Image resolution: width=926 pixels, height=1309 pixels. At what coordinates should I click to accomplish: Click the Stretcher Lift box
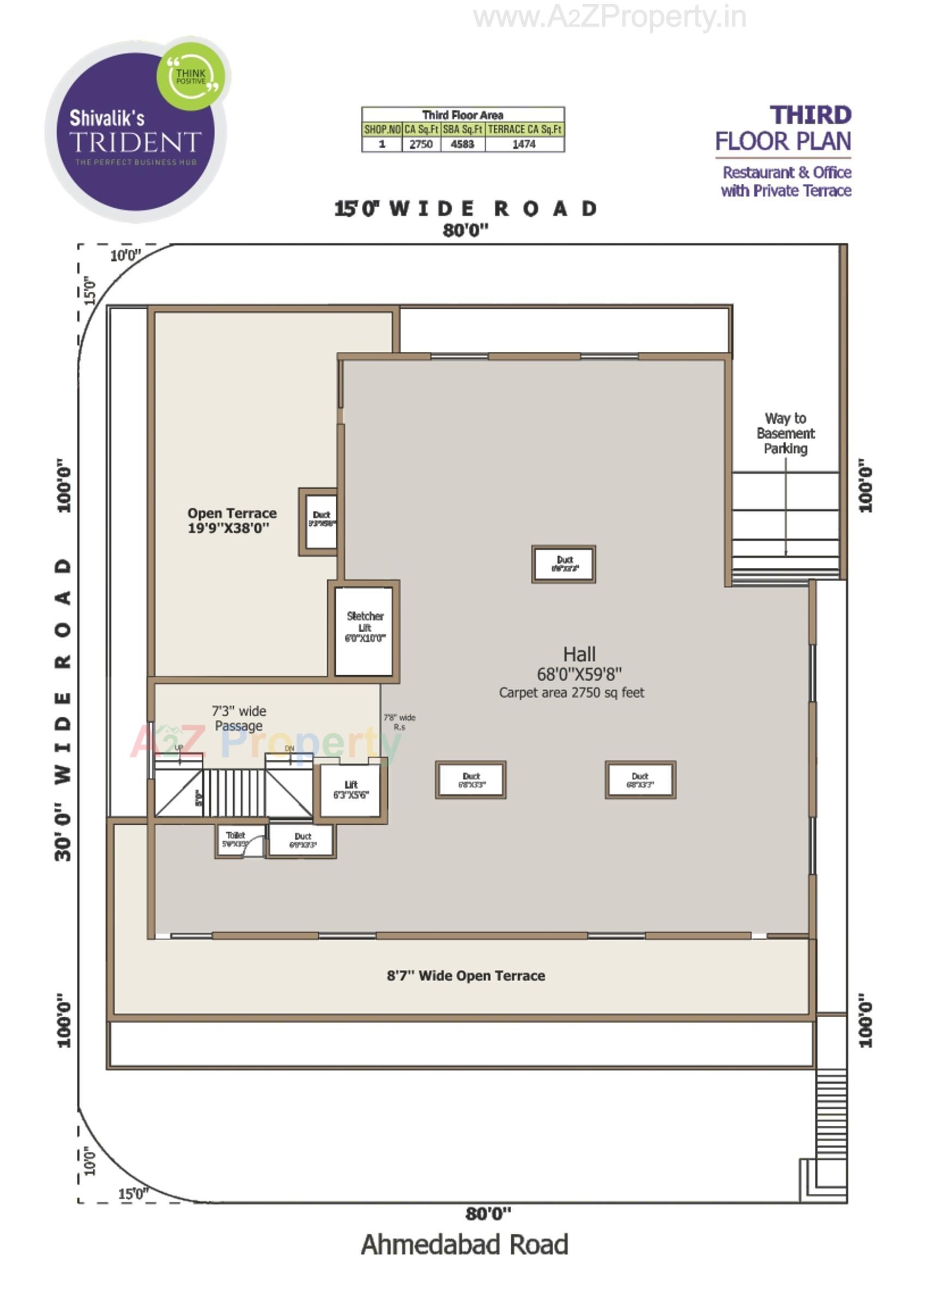(x=364, y=631)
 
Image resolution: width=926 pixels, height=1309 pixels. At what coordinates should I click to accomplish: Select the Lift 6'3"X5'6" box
(x=350, y=790)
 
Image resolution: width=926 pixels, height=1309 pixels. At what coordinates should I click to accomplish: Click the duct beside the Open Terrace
(x=321, y=520)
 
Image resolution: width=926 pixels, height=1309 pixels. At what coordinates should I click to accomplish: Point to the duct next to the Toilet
(x=302, y=840)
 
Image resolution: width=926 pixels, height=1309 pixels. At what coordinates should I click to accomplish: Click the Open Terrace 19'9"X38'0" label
(x=232, y=520)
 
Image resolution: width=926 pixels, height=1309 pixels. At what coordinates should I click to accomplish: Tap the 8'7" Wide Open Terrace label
(x=465, y=976)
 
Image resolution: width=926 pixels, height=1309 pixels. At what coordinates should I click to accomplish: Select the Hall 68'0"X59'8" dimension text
(x=579, y=675)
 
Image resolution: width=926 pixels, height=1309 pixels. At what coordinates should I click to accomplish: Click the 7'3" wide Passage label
(x=238, y=718)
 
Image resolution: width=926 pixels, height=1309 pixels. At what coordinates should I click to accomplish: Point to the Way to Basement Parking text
(x=785, y=434)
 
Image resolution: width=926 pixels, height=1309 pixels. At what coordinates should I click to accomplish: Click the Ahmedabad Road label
(x=464, y=1245)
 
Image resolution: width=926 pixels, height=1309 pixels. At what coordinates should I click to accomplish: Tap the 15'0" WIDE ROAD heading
(x=465, y=209)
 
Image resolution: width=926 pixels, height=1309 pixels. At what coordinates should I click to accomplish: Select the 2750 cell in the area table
(x=421, y=145)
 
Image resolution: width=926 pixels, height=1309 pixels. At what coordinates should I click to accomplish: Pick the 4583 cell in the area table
(x=462, y=145)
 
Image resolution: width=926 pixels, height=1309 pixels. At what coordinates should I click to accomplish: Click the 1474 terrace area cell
(x=524, y=145)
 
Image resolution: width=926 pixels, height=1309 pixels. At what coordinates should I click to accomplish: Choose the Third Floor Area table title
(x=462, y=115)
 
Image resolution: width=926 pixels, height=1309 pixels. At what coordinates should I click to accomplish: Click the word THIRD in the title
(x=810, y=115)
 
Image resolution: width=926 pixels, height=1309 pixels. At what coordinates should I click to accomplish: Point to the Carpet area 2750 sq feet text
(x=571, y=693)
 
